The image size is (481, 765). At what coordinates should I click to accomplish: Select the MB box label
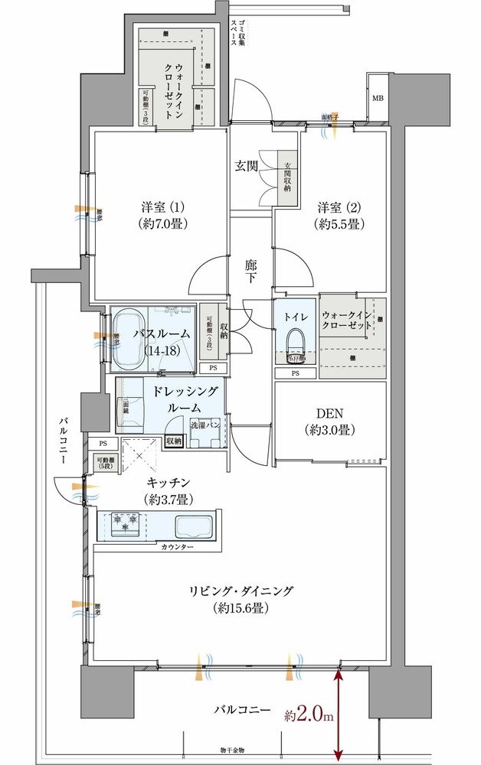[378, 99]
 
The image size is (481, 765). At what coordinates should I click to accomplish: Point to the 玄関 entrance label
[246, 165]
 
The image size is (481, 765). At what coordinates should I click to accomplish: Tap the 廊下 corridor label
[251, 272]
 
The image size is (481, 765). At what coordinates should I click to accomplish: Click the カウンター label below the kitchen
[177, 549]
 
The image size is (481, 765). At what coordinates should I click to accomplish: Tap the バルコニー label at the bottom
[242, 710]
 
